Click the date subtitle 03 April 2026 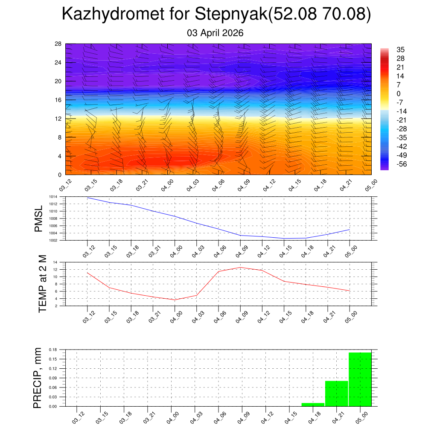coord(215,33)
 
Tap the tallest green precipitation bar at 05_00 coord(360,379)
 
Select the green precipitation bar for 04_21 coord(336,393)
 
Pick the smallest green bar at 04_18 coord(313,404)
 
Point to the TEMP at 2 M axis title coord(42,284)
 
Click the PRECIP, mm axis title coord(38,378)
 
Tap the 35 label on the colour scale coord(400,50)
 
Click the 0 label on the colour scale coord(399,94)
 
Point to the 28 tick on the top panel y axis coord(58,44)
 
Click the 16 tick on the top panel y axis coord(58,100)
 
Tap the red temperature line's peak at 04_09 coord(240,267)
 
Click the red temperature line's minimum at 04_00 coord(175,300)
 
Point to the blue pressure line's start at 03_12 coord(87,198)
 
